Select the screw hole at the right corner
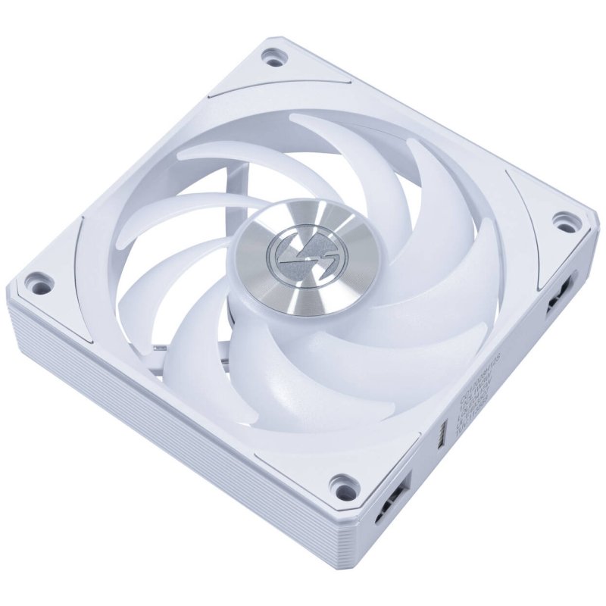coord(562,222)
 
